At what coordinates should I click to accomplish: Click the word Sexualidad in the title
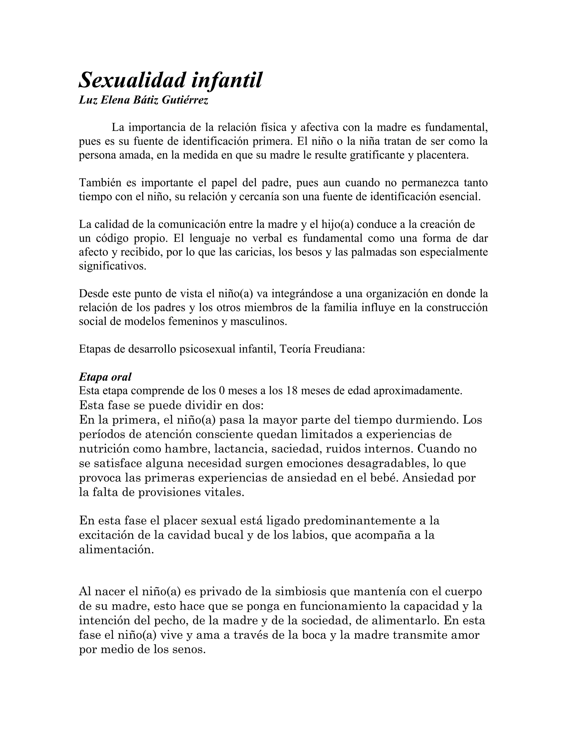pyautogui.click(x=132, y=80)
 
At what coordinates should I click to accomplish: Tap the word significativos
pyautogui.click(x=112, y=266)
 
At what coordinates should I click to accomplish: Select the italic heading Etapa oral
pyautogui.click(x=105, y=377)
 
